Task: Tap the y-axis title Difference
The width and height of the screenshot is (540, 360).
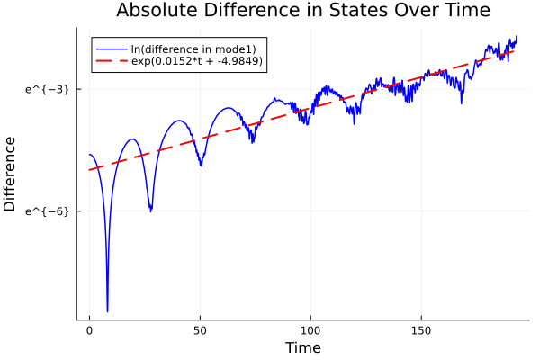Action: point(11,174)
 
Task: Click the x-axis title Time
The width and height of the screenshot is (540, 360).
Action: point(302,347)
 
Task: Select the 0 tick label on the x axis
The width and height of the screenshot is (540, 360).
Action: point(89,331)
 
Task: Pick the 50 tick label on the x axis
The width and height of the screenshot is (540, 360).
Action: point(201,331)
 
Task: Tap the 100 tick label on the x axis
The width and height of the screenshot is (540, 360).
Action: point(311,331)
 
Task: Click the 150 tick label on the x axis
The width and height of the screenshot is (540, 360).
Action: point(422,331)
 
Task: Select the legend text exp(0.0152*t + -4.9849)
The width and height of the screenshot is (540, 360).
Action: point(197,61)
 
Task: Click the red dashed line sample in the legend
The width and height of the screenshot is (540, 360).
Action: point(111,61)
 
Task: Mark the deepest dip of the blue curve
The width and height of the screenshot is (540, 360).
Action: point(107,310)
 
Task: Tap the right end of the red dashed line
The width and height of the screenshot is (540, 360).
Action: point(515,50)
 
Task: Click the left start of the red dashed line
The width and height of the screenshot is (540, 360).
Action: point(89,170)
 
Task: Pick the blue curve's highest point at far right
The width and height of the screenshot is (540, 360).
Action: point(517,37)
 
